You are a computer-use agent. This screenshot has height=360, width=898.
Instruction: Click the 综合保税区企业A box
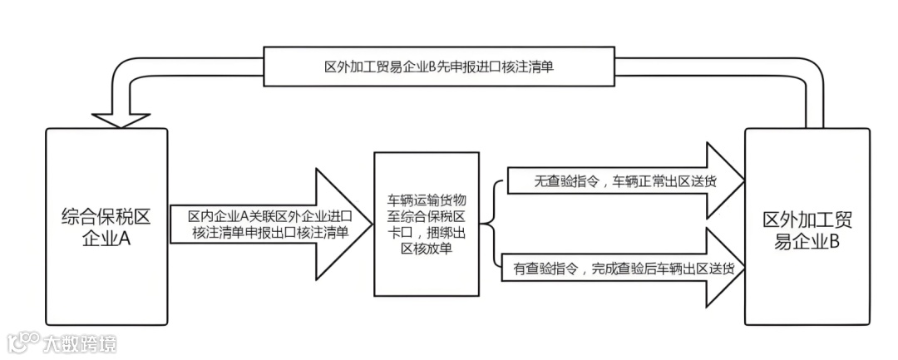(x=106, y=226)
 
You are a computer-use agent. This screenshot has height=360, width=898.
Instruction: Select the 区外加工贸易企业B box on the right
(x=806, y=226)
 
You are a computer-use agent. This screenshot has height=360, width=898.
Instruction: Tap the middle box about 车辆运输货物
(x=426, y=225)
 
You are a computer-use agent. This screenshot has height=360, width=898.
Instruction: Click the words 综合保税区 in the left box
(x=106, y=219)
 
